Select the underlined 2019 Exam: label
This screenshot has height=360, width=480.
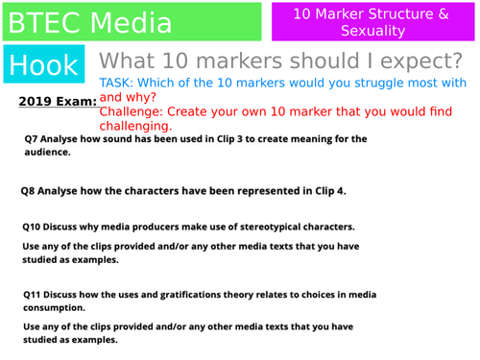click(57, 101)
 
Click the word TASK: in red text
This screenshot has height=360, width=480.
click(119, 84)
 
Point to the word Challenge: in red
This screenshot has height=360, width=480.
click(132, 111)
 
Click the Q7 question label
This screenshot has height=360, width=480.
click(33, 139)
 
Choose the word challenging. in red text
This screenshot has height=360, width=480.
click(136, 126)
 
